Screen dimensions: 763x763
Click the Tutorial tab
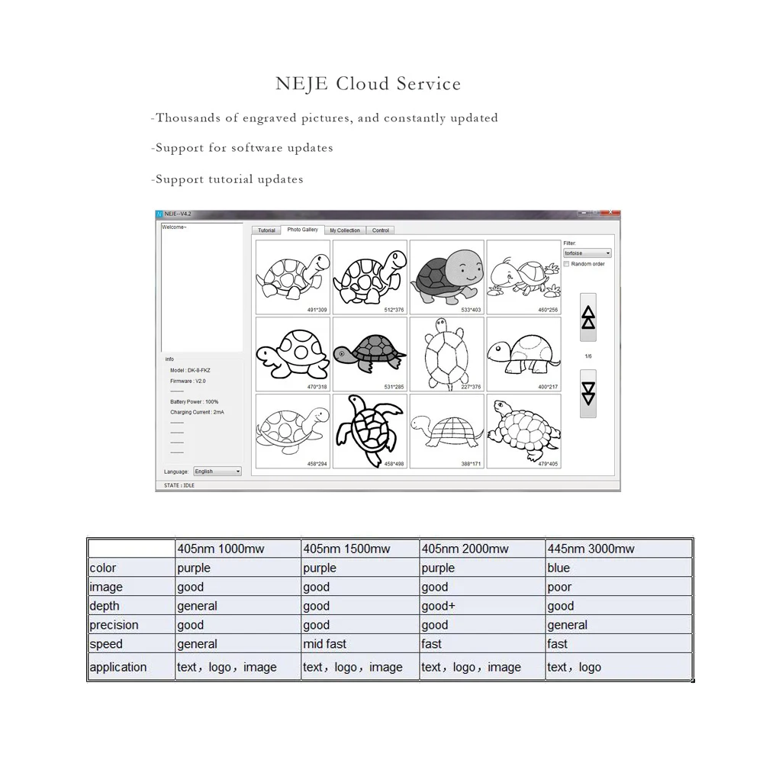pos(266,230)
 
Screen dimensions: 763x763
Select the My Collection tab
pos(345,230)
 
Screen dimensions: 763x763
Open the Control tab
pos(381,230)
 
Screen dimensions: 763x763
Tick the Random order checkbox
pos(566,264)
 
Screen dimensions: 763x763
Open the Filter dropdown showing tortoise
pos(588,253)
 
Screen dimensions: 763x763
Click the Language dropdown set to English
pos(217,472)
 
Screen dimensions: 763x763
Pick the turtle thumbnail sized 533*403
pos(447,277)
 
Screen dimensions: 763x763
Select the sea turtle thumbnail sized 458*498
pos(370,430)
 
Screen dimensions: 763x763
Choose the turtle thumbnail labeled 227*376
pos(447,354)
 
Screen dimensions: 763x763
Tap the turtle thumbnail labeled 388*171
pos(447,430)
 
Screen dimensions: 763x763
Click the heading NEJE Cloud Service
pos(368,83)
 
